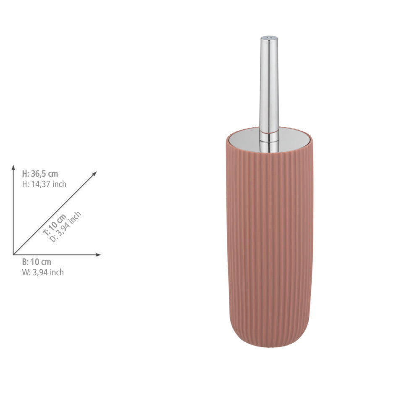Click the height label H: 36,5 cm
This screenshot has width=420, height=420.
40,174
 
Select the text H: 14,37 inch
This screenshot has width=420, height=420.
44,184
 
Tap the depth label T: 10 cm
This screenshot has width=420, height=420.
55,225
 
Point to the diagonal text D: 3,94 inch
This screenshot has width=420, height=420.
66,227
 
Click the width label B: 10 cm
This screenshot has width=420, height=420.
37,262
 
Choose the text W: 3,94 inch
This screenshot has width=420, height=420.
43,273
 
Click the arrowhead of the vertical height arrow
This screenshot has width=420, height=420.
13,168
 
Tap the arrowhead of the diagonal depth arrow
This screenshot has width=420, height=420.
94,173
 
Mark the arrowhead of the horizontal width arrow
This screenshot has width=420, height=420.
99,255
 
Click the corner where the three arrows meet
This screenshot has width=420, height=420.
13,255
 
